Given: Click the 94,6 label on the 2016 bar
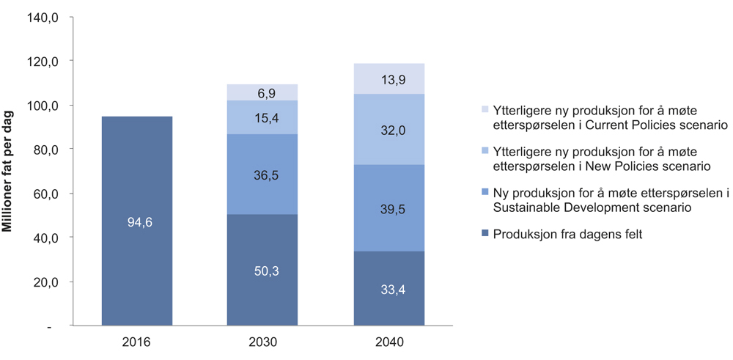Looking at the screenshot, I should click(x=136, y=222).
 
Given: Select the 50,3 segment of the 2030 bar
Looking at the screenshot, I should click(x=262, y=271).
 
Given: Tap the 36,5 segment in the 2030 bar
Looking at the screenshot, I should click(x=262, y=175).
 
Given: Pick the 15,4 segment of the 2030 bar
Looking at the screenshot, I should click(x=262, y=117).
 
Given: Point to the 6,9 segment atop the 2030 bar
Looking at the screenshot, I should click(x=262, y=92).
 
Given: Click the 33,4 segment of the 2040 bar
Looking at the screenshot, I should click(x=389, y=289).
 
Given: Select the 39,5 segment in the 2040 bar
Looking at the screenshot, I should click(x=389, y=208).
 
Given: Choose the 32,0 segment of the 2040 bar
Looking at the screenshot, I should click(x=389, y=130).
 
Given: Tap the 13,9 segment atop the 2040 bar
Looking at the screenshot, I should click(x=389, y=78).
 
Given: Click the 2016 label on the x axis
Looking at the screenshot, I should click(x=136, y=342).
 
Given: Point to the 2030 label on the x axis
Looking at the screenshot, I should click(x=262, y=342).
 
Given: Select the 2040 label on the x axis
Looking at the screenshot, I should click(x=389, y=342).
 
